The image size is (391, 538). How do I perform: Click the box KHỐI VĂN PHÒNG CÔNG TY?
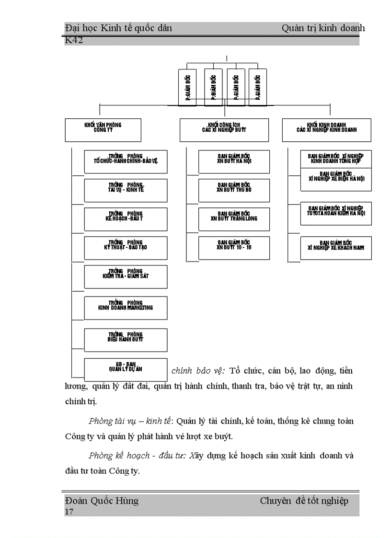click(x=103, y=130)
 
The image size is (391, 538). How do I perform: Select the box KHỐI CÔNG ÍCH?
click(x=224, y=130)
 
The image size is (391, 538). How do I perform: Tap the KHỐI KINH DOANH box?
click(x=327, y=130)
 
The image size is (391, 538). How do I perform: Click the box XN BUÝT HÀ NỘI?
click(x=234, y=161)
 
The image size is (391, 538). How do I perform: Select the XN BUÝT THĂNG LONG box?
click(x=234, y=219)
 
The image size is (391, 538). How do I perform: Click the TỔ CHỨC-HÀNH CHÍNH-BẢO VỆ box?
click(x=126, y=161)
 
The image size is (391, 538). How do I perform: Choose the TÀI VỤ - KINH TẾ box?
click(x=126, y=190)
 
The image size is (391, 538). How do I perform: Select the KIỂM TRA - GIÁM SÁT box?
click(x=126, y=276)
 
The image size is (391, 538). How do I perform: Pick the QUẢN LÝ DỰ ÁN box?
click(x=126, y=369)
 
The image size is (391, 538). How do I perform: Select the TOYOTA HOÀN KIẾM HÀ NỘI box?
click(x=336, y=213)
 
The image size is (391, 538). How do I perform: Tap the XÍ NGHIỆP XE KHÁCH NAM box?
click(x=336, y=248)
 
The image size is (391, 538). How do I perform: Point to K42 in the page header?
click(x=74, y=41)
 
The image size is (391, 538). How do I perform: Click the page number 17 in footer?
click(x=69, y=512)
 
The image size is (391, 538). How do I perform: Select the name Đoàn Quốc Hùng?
click(x=102, y=501)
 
